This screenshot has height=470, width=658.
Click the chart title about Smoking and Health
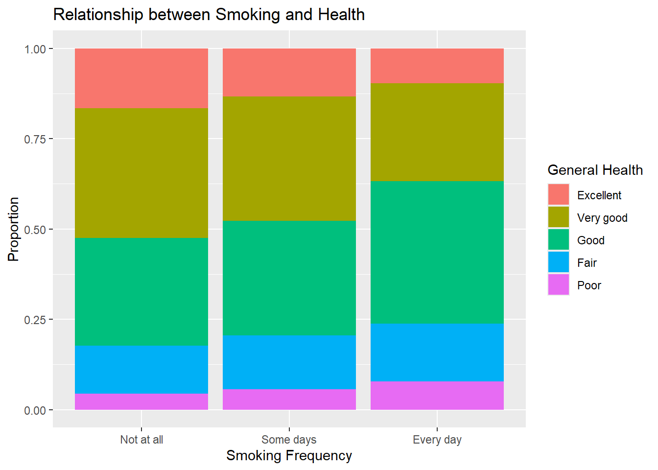coord(209,15)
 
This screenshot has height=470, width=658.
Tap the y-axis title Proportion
coord(14,229)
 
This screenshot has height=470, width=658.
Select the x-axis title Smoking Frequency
coord(289,456)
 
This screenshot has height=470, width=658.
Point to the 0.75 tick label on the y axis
coord(35,139)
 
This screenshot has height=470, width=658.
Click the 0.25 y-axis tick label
coord(35,320)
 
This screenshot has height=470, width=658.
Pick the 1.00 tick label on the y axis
coord(35,49)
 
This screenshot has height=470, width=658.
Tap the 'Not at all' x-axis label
coord(141,440)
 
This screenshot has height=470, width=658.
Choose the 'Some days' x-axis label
coord(289,440)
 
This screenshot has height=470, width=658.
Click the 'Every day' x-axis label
coord(437,440)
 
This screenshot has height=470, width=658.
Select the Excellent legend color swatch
coord(559,195)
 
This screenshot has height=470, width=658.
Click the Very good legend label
coord(602,218)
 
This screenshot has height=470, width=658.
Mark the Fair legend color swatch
coord(559,262)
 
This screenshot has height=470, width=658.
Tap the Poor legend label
coord(589,285)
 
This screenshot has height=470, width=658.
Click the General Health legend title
coord(595,170)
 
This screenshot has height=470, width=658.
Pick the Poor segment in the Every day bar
coord(437,396)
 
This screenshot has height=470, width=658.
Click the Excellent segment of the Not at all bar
coord(141,78)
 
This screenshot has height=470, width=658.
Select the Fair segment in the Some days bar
coord(289,362)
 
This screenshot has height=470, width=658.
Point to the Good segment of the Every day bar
coord(437,252)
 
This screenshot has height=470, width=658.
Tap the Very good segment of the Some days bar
coord(289,159)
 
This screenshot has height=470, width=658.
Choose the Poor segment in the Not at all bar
coord(141,401)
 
